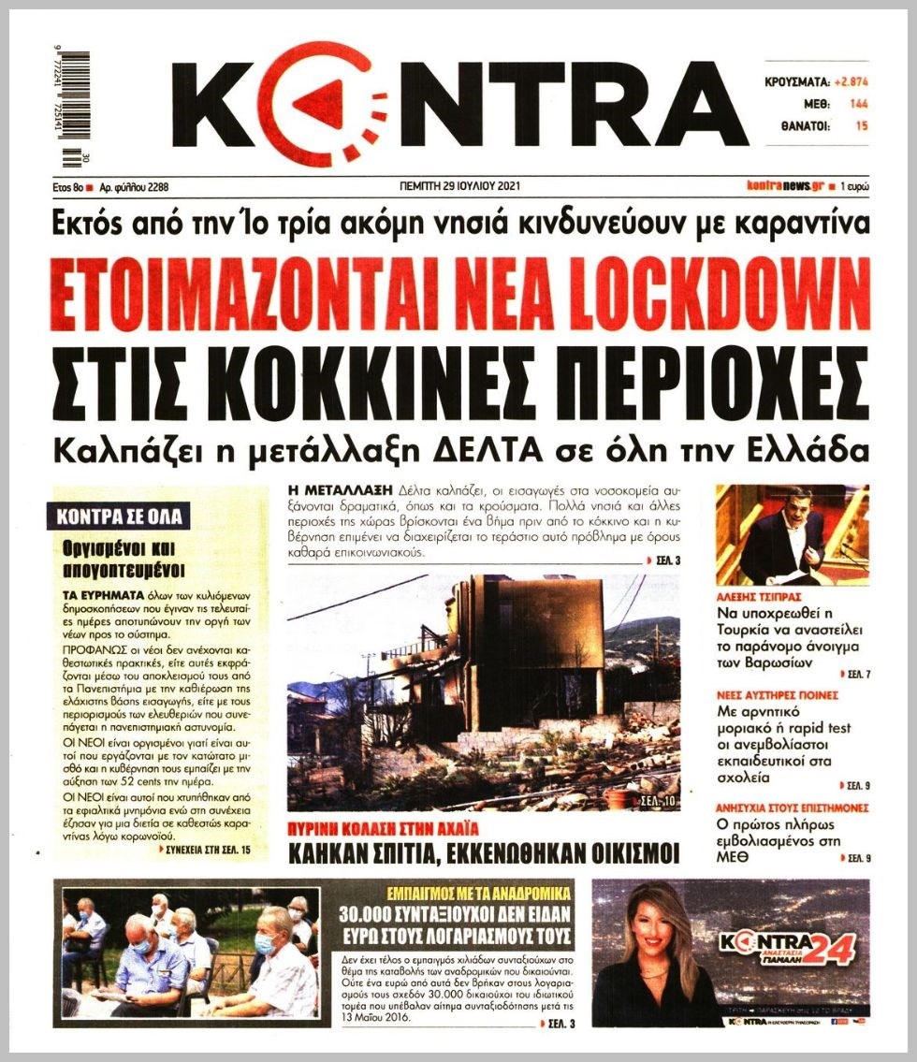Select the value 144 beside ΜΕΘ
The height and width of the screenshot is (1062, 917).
858,103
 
